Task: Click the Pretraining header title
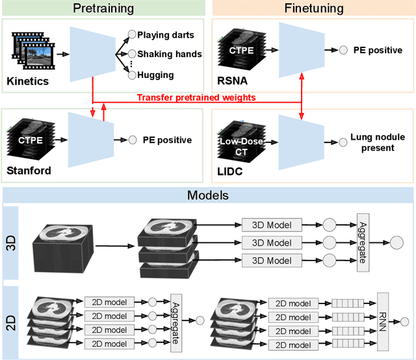pyautogui.click(x=103, y=8)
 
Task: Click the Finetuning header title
pyautogui.click(x=314, y=8)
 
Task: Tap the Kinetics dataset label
pyautogui.click(x=27, y=81)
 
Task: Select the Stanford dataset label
pyautogui.click(x=29, y=171)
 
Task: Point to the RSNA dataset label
pyautogui.click(x=232, y=81)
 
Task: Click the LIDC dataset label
pyautogui.click(x=229, y=172)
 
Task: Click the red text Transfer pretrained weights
pyautogui.click(x=196, y=97)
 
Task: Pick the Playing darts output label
pyautogui.click(x=166, y=35)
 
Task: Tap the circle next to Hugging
pyautogui.click(x=132, y=75)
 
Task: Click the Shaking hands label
pyautogui.click(x=170, y=54)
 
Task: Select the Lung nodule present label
pyautogui.click(x=378, y=142)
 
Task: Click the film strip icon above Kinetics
pyautogui.click(x=33, y=51)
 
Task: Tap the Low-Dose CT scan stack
pyautogui.click(x=241, y=141)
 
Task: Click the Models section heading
pyautogui.click(x=208, y=196)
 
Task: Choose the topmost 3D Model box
pyautogui.click(x=272, y=225)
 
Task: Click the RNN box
pyautogui.click(x=383, y=322)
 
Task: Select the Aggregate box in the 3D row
pyautogui.click(x=363, y=243)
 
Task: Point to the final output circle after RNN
pyautogui.click(x=404, y=322)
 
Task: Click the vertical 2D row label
pyautogui.click(x=11, y=323)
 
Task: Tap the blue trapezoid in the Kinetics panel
pyautogui.click(x=92, y=54)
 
